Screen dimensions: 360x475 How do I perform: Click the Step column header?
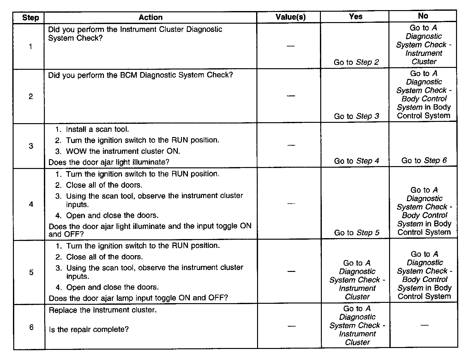pos(30,18)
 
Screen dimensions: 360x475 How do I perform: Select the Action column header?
pos(151,17)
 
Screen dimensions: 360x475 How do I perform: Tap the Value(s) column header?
pos(291,17)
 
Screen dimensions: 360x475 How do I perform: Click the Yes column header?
pos(356,17)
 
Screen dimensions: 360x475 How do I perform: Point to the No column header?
pos(423,16)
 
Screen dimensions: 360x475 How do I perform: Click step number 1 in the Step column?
pos(30,47)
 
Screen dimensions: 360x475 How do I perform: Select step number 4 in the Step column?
pos(31,204)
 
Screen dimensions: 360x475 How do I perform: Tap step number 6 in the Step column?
pos(31,327)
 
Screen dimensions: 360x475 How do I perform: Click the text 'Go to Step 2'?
pos(356,62)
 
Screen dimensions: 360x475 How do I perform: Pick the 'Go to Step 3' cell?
pos(357,116)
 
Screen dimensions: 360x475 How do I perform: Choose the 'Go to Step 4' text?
pos(357,161)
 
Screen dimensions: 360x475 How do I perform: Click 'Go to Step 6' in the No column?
pos(424,160)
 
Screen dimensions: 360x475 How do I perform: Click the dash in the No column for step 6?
pos(425,325)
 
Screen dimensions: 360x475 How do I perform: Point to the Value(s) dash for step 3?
pos(291,145)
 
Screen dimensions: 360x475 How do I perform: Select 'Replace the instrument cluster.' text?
pos(103,310)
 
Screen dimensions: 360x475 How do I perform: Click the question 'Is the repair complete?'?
pos(89,329)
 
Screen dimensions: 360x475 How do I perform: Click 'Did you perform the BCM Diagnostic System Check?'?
pos(141,75)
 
